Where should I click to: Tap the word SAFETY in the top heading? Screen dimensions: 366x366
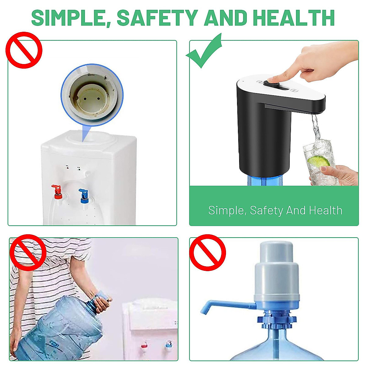pyautogui.click(x=157, y=18)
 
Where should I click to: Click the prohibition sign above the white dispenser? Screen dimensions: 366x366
pyautogui.click(x=23, y=50)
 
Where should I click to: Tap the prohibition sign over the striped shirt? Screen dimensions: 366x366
pyautogui.click(x=28, y=253)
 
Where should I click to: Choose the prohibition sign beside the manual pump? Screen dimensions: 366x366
pyautogui.click(x=207, y=253)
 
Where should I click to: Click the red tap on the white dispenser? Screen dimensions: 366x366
pyautogui.click(x=57, y=190)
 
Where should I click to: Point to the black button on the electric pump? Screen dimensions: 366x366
pyautogui.click(x=271, y=83)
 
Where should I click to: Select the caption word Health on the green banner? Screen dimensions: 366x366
pyautogui.click(x=325, y=210)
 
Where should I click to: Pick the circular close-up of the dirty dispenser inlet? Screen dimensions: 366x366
pyautogui.click(x=92, y=95)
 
